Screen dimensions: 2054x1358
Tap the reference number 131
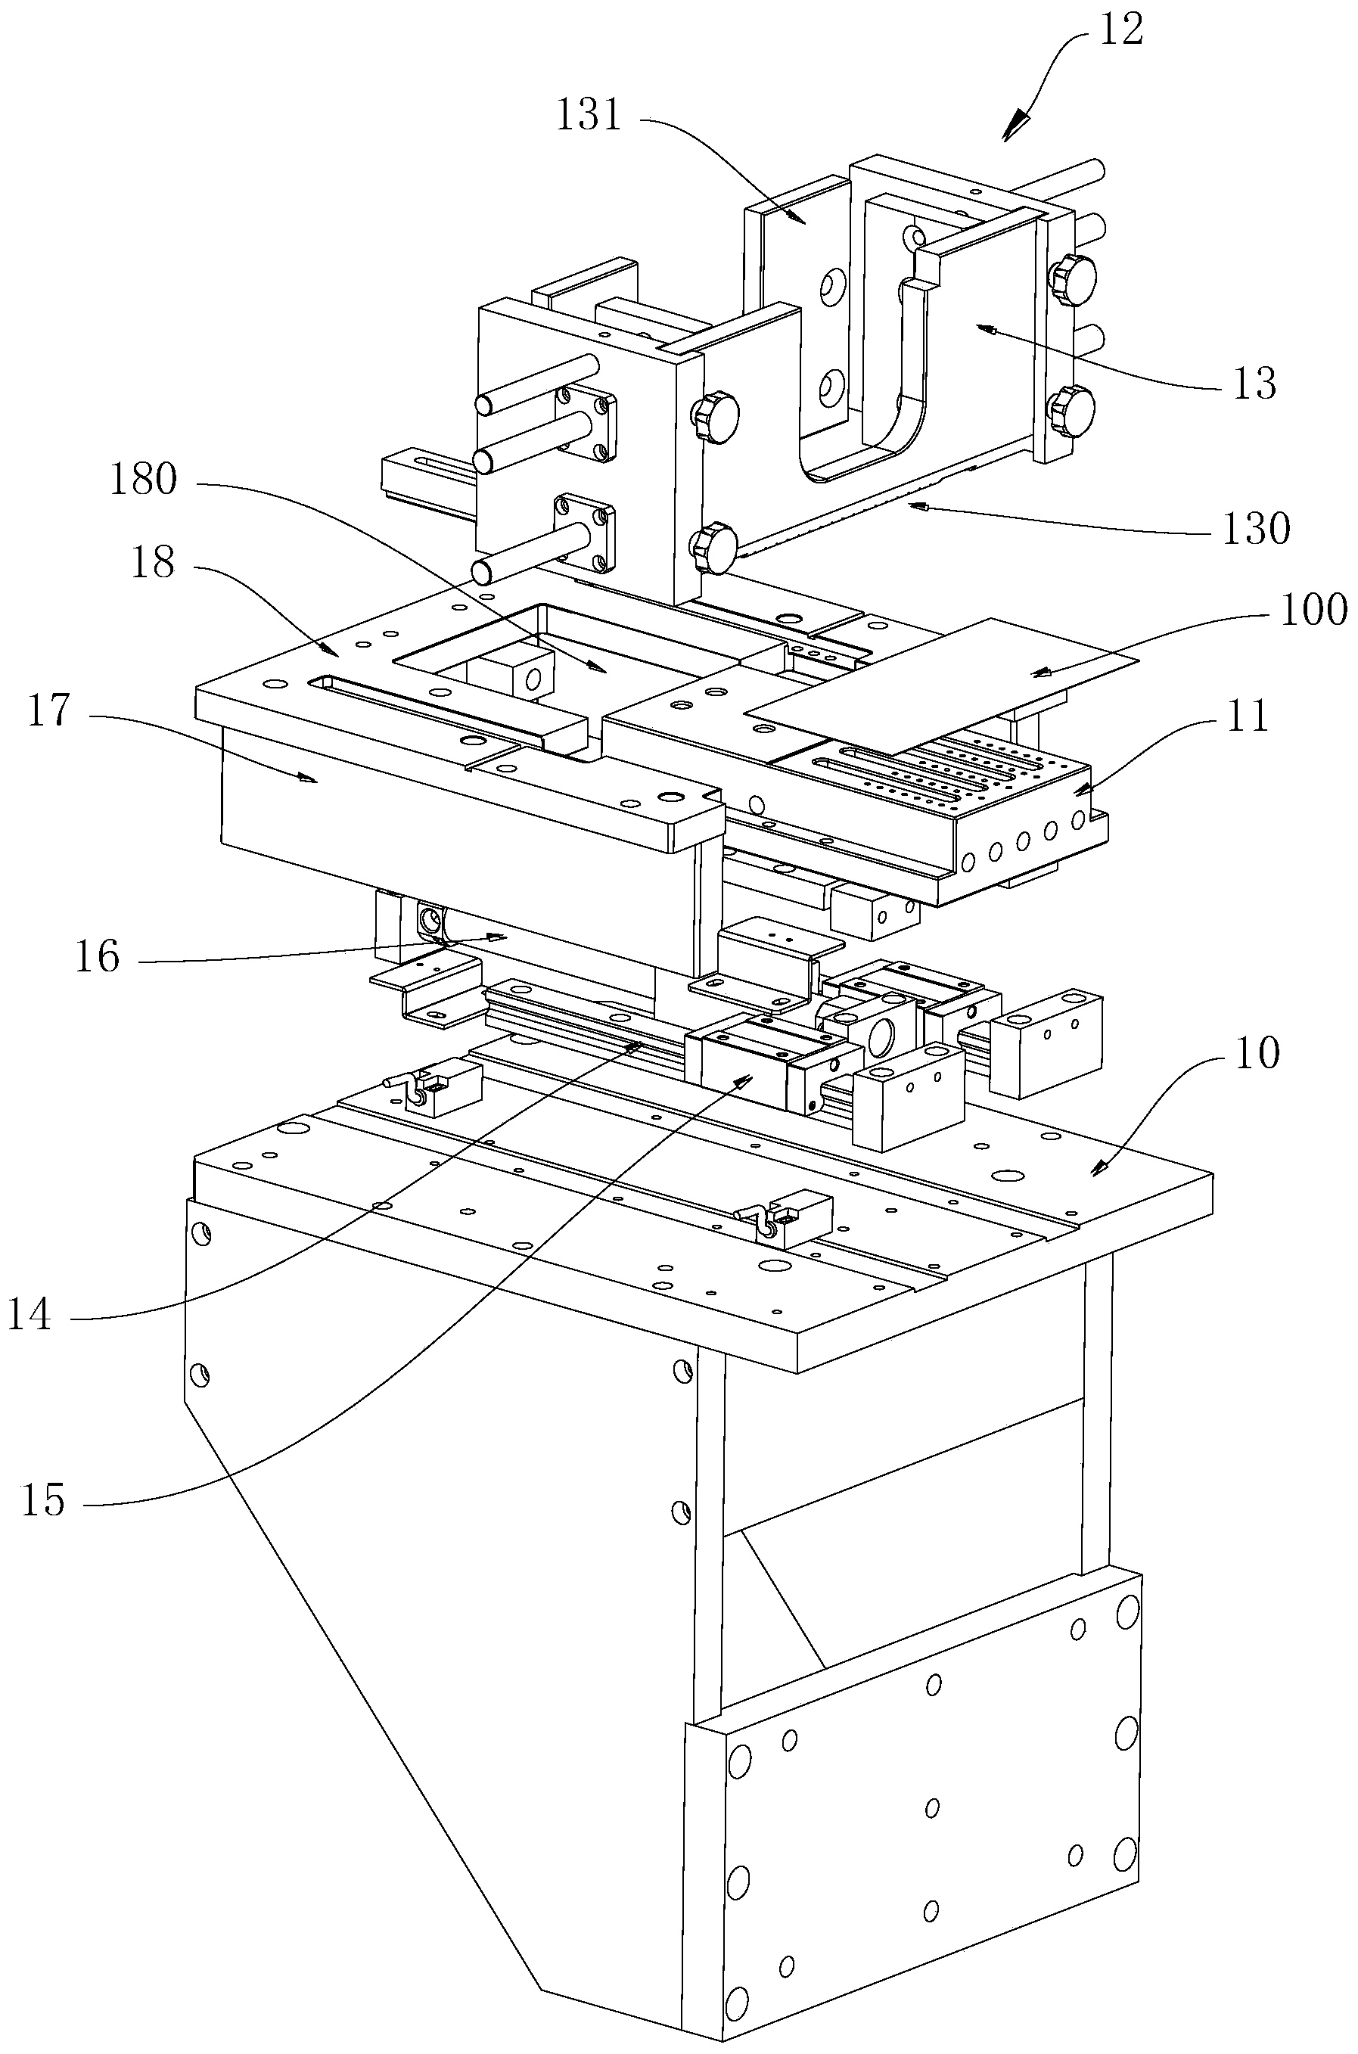pyautogui.click(x=589, y=114)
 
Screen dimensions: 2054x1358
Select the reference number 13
pyautogui.click(x=1254, y=383)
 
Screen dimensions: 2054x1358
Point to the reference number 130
pyautogui.click(x=1256, y=527)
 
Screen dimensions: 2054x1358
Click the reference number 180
pyautogui.click(x=144, y=479)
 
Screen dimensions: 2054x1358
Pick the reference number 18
pyautogui.click(x=152, y=563)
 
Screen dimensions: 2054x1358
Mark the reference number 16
pyautogui.click(x=97, y=957)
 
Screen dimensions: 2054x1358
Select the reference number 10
pyautogui.click(x=1257, y=1054)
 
